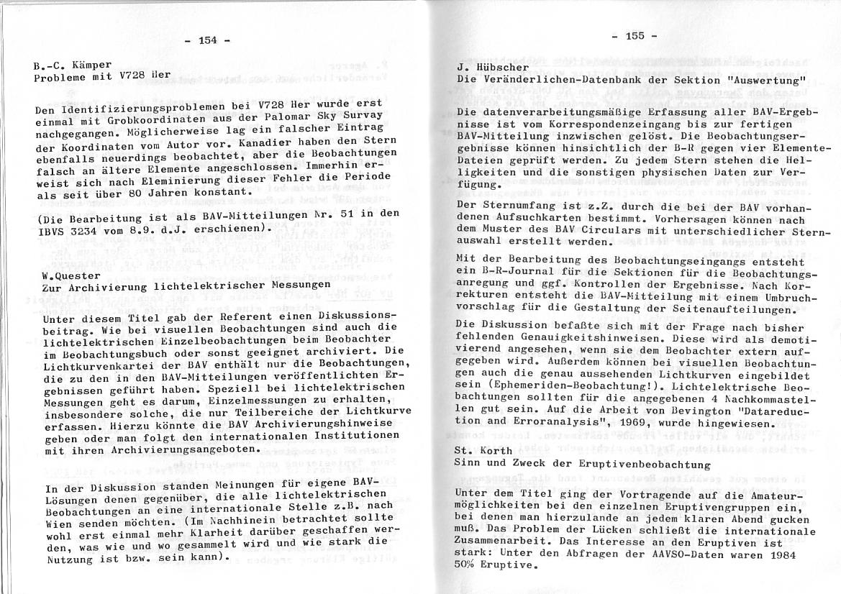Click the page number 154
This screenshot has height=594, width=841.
click(207, 40)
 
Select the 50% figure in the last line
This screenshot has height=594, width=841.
click(467, 565)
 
